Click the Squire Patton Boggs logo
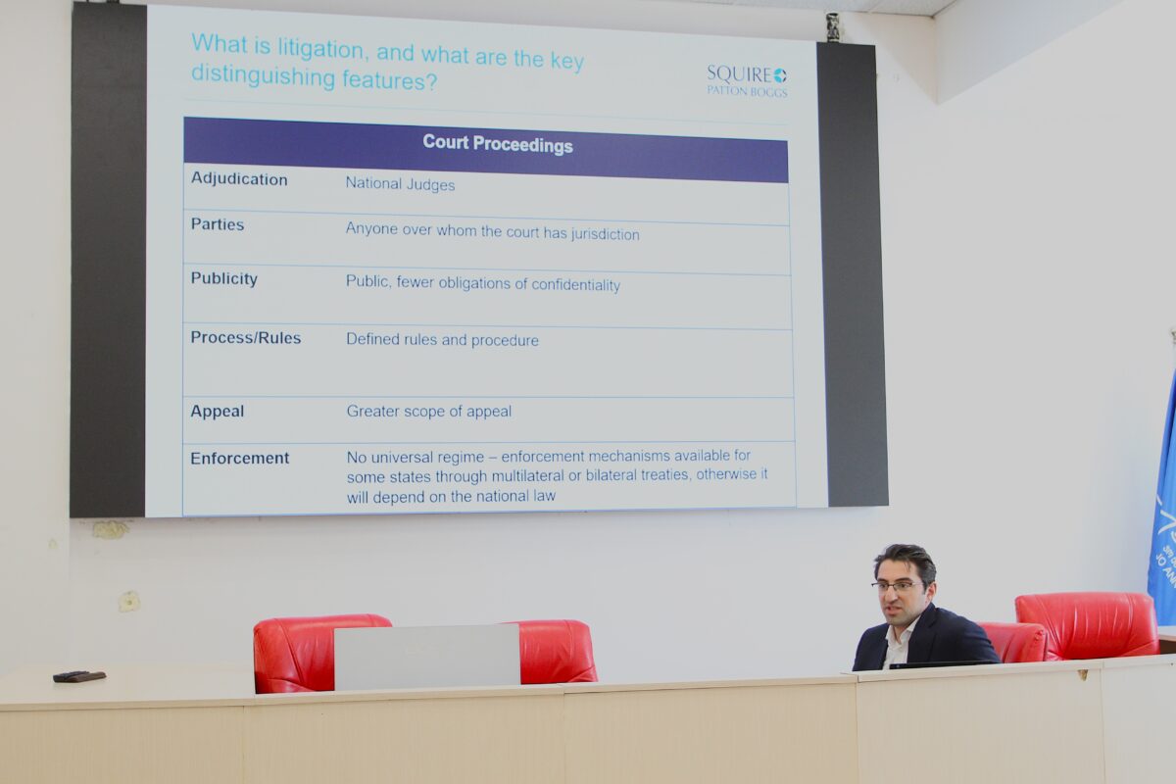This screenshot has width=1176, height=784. point(747,81)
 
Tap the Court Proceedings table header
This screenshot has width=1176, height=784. point(497,144)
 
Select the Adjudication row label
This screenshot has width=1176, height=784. point(239,179)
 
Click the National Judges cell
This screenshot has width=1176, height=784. point(400,184)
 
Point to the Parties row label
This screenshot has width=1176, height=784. point(218,224)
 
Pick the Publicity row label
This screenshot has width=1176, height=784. point(224,279)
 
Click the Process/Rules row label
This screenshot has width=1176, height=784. point(246,338)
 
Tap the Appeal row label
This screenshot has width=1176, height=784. point(218,412)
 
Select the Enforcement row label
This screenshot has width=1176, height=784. point(239,459)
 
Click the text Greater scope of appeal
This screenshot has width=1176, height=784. point(429,412)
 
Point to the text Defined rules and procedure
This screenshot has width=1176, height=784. point(442,340)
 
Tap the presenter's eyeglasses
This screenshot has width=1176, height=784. point(898,586)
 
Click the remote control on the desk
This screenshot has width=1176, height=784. point(79,676)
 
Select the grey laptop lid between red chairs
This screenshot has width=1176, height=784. point(427,657)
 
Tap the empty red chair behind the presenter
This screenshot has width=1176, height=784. point(1087,625)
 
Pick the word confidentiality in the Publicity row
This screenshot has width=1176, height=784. point(575,284)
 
